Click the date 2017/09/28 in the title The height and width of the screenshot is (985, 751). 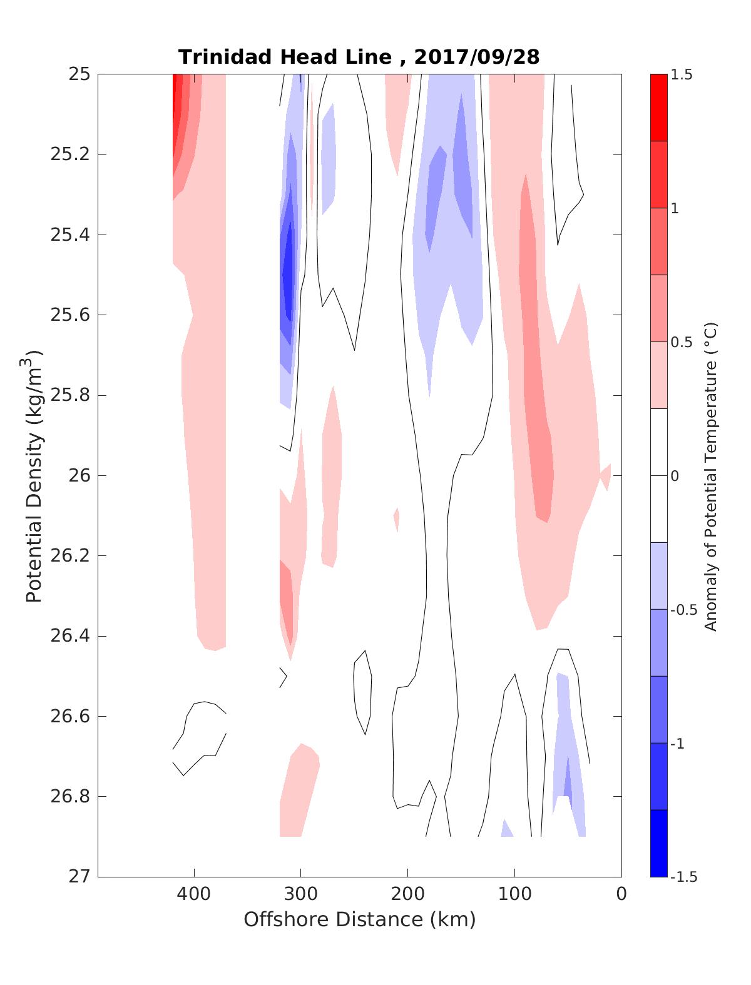(476, 57)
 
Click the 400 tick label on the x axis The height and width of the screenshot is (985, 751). (194, 894)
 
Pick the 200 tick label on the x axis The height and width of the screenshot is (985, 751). (408, 894)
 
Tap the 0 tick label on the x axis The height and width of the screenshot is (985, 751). (621, 894)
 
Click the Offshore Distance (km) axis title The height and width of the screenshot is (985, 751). (359, 919)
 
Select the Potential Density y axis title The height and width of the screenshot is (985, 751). (35, 475)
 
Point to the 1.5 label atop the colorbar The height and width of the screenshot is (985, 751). (682, 75)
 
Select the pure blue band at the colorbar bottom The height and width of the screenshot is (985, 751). (658, 843)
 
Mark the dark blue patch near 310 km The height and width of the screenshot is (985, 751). (288, 275)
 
